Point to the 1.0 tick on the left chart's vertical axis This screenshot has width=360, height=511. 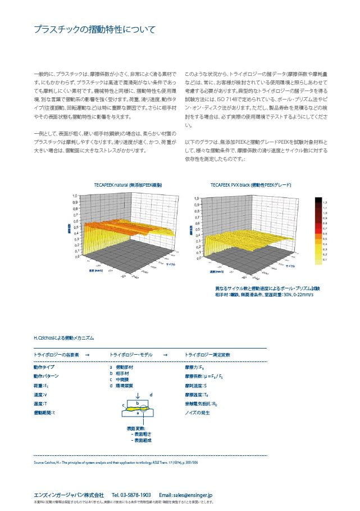[x=75, y=196]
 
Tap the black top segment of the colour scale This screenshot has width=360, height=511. [x=318, y=200]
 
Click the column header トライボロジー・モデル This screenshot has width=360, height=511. [x=132, y=355]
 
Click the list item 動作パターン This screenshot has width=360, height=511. [x=46, y=376]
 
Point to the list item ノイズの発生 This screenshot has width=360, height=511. [x=197, y=414]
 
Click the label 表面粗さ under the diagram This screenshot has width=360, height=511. [x=140, y=434]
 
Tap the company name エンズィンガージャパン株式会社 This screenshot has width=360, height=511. [x=69, y=495]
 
